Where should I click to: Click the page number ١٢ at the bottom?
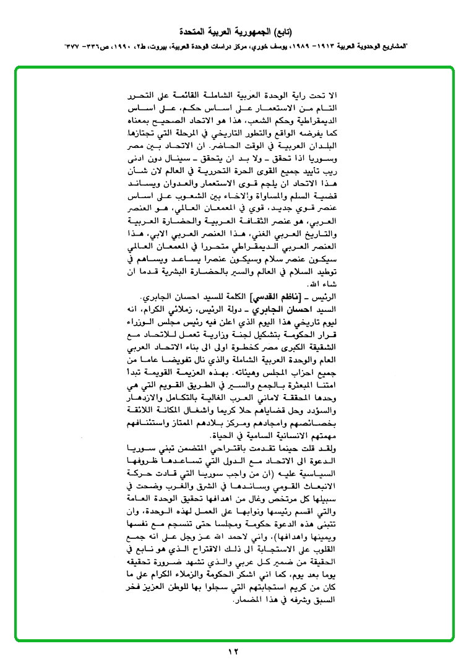coord(233,651)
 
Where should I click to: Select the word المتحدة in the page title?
coord(192,31)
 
